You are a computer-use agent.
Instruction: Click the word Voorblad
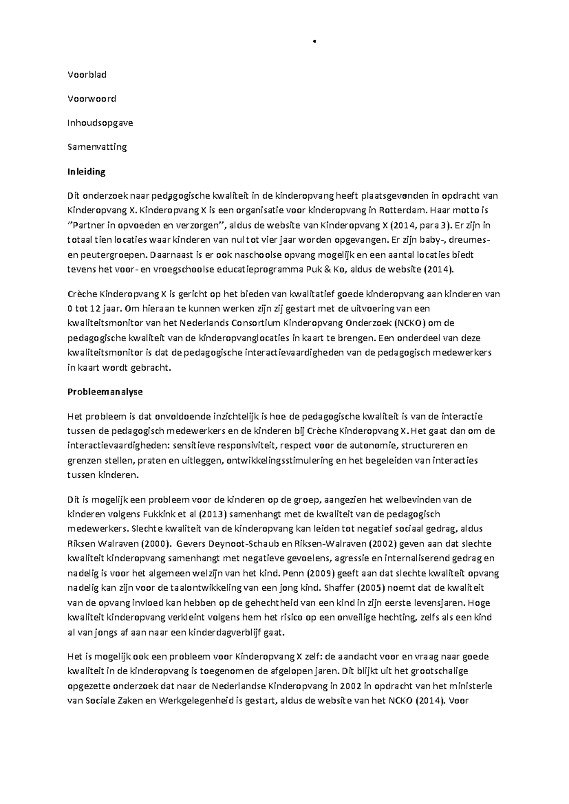(x=87, y=74)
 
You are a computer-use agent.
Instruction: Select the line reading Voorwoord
(x=92, y=99)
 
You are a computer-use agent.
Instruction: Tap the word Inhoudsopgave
(x=100, y=123)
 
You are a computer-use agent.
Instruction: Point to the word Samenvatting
(x=97, y=147)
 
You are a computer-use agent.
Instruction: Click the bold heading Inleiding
(x=86, y=172)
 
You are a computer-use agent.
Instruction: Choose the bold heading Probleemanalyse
(x=105, y=392)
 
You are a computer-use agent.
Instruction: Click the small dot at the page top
(x=314, y=41)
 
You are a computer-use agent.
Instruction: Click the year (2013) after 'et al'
(x=204, y=514)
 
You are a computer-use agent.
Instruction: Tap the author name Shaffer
(x=340, y=588)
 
